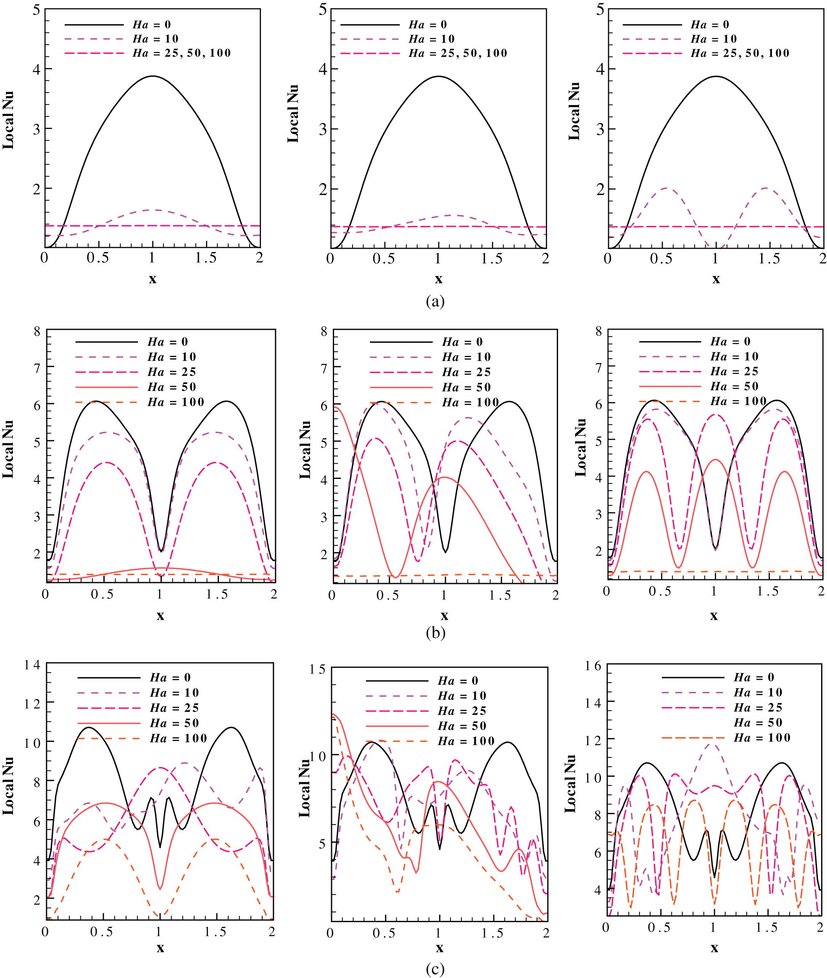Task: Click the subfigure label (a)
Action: click(x=435, y=301)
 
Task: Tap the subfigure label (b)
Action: click(x=435, y=633)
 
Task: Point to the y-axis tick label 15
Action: click(x=317, y=669)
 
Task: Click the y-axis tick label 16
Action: click(x=593, y=666)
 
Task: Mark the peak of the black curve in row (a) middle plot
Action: click(x=438, y=76)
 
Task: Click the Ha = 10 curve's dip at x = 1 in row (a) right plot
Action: click(x=715, y=247)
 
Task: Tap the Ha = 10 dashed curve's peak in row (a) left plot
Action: click(x=153, y=210)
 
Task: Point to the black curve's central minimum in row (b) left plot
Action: click(x=161, y=551)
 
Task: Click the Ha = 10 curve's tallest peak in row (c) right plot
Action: click(x=712, y=744)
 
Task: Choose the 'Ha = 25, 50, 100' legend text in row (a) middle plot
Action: click(x=458, y=53)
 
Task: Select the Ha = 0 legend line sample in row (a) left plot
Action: click(x=94, y=25)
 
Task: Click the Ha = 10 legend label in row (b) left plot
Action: click(x=171, y=357)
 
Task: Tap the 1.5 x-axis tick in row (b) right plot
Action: click(x=767, y=592)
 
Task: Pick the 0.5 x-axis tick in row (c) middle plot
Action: click(x=384, y=933)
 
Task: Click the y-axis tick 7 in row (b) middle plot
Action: click(x=324, y=368)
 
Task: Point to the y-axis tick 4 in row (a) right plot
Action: click(x=600, y=69)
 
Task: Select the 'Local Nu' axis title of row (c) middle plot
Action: click(x=304, y=788)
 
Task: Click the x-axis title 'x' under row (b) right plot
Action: click(x=714, y=616)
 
